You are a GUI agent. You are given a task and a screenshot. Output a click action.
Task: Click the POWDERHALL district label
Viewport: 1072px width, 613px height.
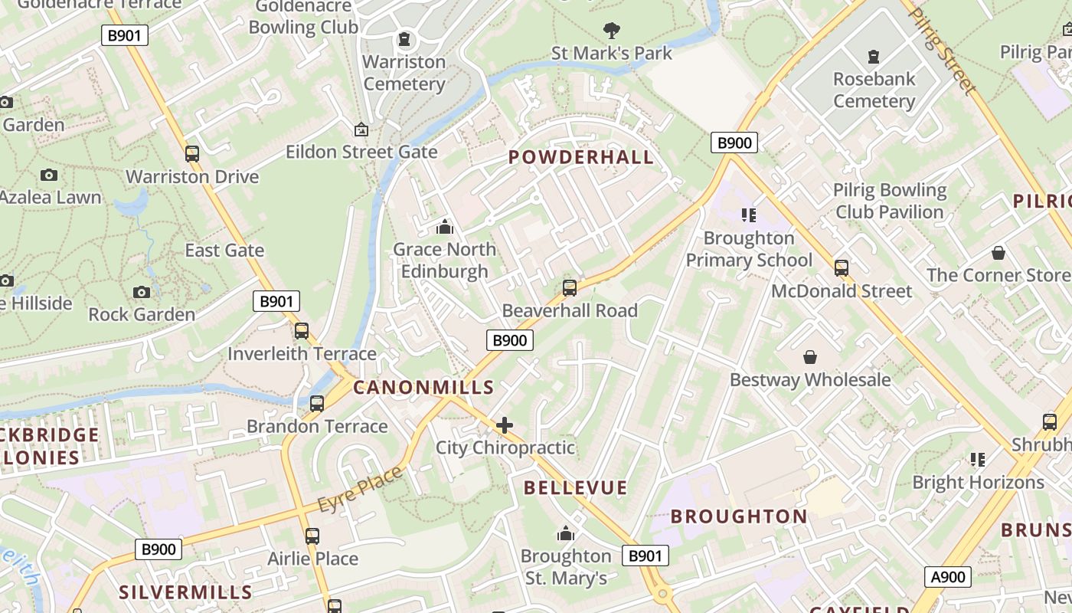coord(581,157)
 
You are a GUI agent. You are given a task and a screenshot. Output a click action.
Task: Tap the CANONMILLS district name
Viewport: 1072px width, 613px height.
coord(423,387)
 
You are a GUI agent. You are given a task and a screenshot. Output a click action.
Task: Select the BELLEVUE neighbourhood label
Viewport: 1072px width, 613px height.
coord(576,487)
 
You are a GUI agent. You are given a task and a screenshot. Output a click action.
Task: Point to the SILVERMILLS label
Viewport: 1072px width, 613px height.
coord(185,592)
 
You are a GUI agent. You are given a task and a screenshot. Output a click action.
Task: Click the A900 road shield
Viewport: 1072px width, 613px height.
coord(948,577)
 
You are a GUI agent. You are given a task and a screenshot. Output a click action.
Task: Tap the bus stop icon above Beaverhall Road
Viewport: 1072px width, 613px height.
coord(569,288)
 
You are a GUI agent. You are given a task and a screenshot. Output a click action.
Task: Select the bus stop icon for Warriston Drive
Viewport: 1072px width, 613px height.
coord(192,154)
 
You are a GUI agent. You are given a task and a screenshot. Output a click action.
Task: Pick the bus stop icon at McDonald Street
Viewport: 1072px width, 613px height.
coord(842,268)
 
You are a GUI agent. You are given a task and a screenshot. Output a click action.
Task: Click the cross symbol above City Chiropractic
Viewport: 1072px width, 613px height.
coord(505,425)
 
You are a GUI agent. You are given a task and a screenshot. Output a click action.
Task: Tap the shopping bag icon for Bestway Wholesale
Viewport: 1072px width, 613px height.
coord(810,357)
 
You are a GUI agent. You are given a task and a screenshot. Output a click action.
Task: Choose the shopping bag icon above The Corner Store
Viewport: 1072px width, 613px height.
coord(998,252)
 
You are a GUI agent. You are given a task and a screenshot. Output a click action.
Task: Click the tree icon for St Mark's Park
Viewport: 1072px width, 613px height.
coord(611,31)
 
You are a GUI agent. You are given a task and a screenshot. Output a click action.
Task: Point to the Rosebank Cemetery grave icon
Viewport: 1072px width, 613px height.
coord(873,57)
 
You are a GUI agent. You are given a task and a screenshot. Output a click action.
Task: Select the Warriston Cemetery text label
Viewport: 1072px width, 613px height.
coord(404,73)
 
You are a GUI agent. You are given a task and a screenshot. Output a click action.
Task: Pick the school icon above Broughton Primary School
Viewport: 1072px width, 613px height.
coord(748,215)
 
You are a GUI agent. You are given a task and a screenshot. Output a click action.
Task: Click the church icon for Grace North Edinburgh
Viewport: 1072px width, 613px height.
coord(444,227)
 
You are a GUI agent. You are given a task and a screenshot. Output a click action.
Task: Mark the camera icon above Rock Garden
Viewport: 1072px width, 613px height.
coord(142,292)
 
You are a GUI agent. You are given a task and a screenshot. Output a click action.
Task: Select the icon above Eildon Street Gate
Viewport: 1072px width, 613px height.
coord(361,129)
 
